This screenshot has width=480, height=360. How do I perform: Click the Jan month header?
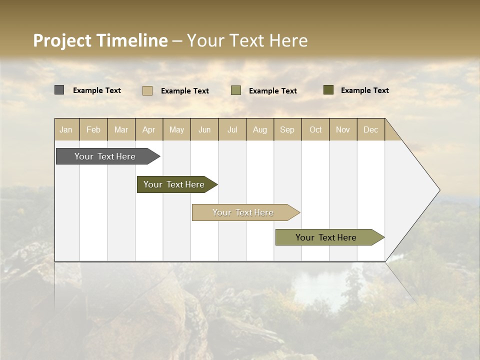pyautogui.click(x=66, y=129)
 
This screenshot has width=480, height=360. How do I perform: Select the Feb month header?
pyautogui.click(x=93, y=129)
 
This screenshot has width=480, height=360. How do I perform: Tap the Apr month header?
pyautogui.click(x=149, y=129)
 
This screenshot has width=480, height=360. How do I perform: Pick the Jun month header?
pyautogui.click(x=204, y=129)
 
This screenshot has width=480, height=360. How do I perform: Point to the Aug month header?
pyautogui.click(x=260, y=129)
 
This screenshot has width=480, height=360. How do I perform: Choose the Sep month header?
pyautogui.click(x=287, y=129)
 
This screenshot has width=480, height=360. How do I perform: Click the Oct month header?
pyautogui.click(x=315, y=129)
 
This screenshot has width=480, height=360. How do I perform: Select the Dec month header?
pyautogui.click(x=371, y=129)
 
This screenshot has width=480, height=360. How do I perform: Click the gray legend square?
pyautogui.click(x=59, y=90)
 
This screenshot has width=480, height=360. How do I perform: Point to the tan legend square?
pyautogui.click(x=147, y=90)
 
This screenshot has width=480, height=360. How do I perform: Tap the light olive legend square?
pyautogui.click(x=236, y=90)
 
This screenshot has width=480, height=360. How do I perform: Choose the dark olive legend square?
pyautogui.click(x=328, y=90)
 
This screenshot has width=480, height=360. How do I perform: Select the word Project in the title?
pyautogui.click(x=62, y=40)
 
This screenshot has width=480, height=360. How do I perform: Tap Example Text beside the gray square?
pyautogui.click(x=97, y=90)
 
